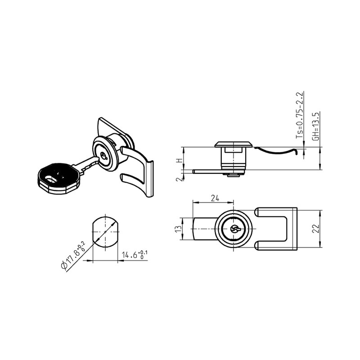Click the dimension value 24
pos(214,198)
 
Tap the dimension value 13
pos(179,229)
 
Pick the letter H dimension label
pos(179,161)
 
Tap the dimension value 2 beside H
pos(179,180)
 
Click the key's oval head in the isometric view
pos(58,178)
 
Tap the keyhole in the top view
pos(234,229)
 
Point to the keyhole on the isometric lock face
pos(104,156)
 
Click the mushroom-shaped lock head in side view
pos(233,144)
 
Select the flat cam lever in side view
pos(207,171)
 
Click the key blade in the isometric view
pos(88,164)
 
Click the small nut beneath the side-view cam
pos(233,175)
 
